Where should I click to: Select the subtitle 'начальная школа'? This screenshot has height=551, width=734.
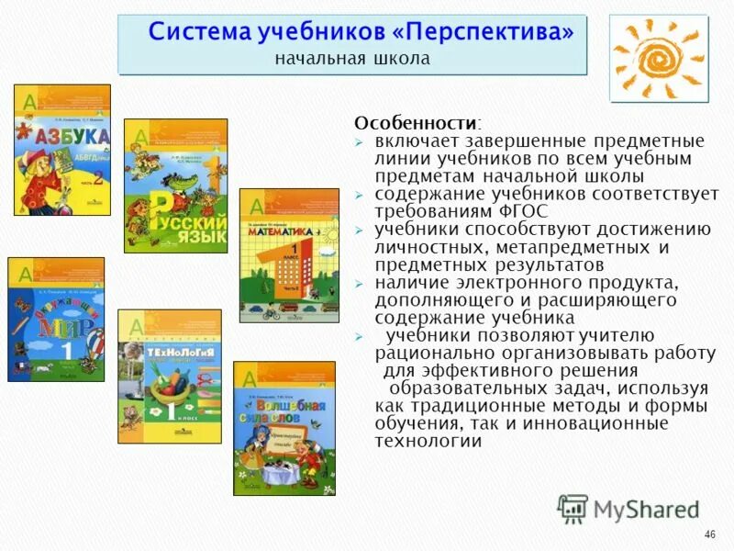tap(352, 59)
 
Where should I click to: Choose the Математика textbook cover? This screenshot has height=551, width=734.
tap(288, 255)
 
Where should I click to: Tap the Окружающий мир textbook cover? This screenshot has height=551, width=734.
tap(56, 319)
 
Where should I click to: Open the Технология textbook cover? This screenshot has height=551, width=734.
tap(169, 376)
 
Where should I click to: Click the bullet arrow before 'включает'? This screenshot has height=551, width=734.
tap(360, 141)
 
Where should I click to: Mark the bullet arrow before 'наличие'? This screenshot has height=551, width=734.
tap(360, 283)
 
